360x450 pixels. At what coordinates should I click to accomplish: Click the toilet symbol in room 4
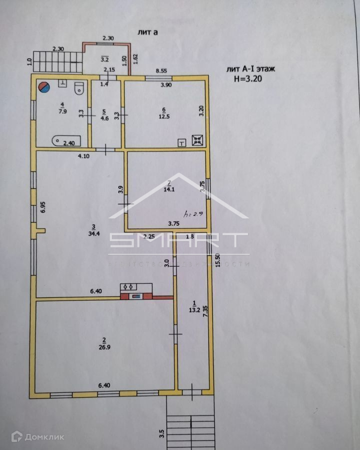78,89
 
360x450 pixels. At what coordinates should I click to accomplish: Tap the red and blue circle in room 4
44,87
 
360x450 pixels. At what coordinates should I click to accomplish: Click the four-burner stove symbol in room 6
197,140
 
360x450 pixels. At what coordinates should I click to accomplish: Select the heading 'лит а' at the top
148,32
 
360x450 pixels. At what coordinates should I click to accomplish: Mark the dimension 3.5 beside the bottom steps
161,432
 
